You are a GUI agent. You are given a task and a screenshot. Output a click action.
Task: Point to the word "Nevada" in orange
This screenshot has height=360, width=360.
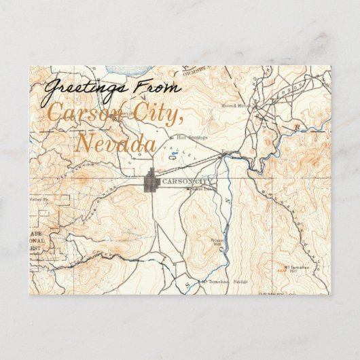115,143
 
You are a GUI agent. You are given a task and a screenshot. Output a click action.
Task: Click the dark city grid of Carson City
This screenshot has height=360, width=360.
151,182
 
